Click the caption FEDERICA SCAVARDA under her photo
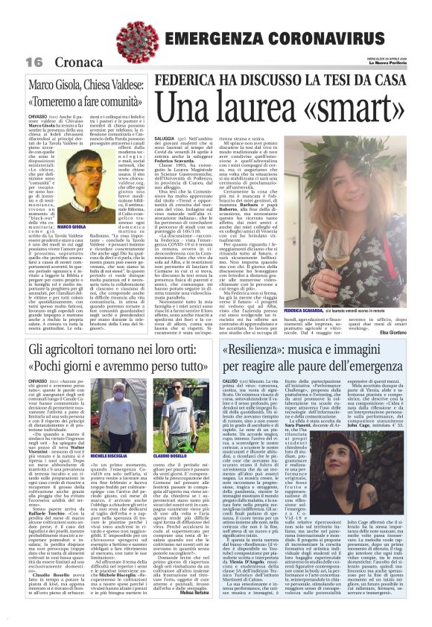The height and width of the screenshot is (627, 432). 323,308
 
